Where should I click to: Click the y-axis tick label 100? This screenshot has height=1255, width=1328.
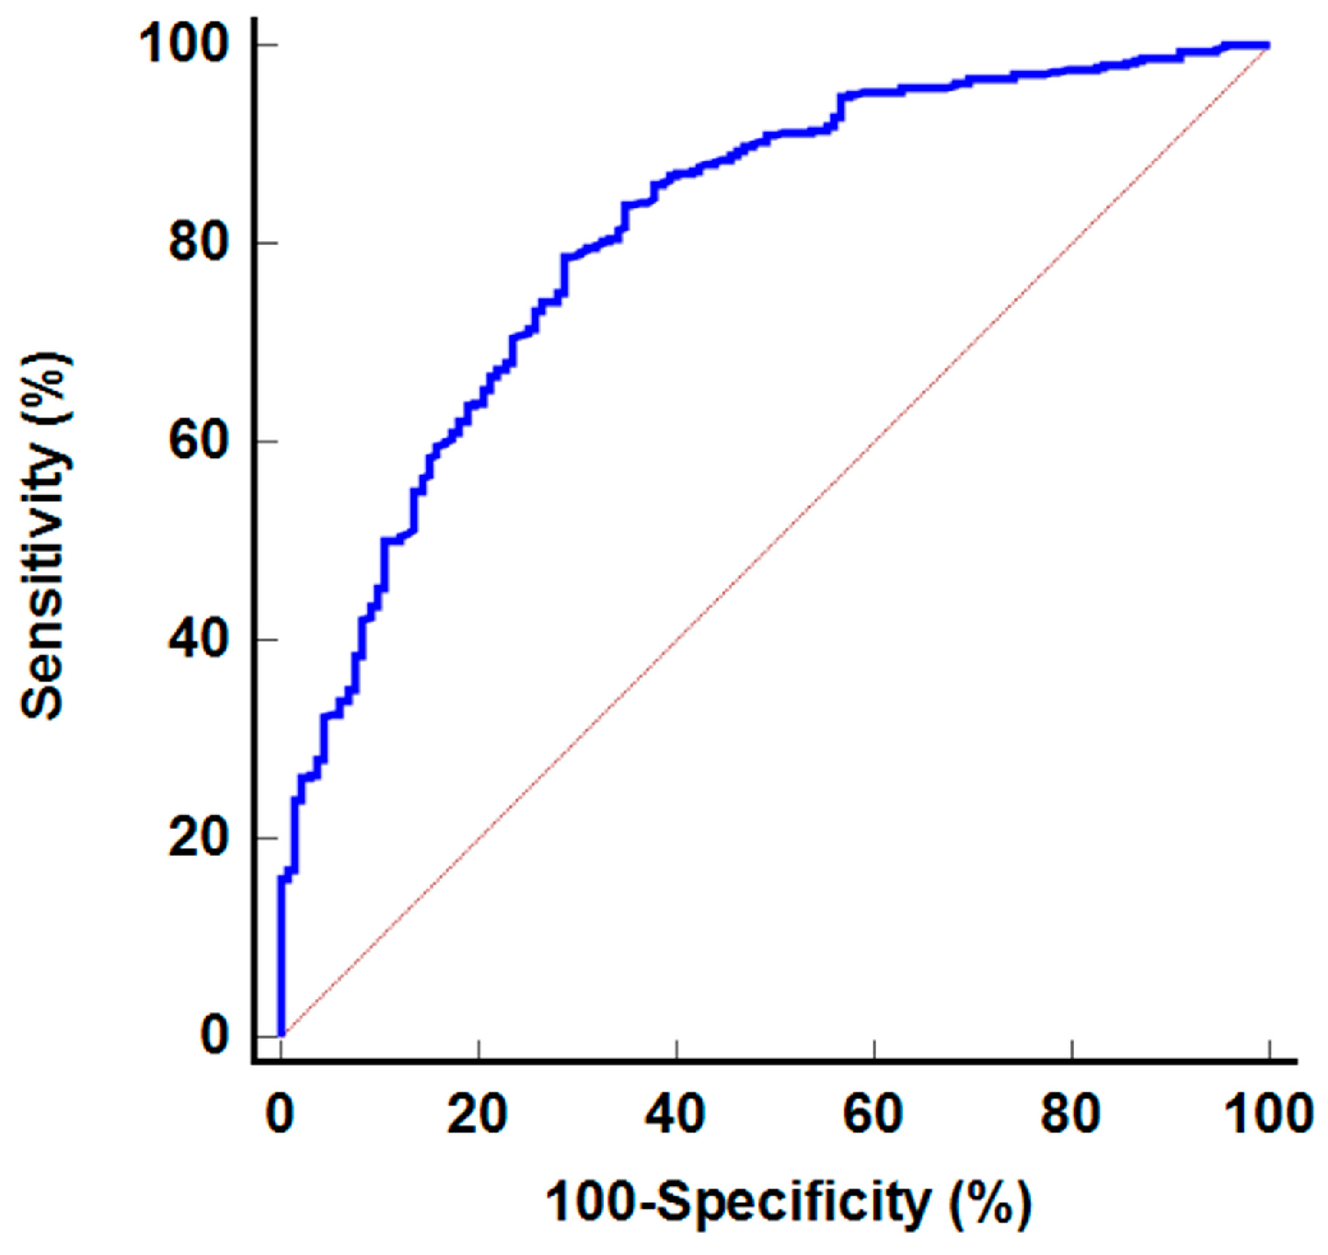pyautogui.click(x=183, y=43)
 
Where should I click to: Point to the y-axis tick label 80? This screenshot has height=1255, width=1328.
pyautogui.click(x=198, y=243)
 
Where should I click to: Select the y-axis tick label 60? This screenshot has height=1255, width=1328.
pyautogui.click(x=198, y=441)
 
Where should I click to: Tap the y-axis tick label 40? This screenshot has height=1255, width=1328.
pyautogui.click(x=198, y=639)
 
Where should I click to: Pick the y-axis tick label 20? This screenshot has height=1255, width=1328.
pyautogui.click(x=198, y=837)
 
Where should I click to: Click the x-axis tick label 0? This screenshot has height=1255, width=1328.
pyautogui.click(x=280, y=1114)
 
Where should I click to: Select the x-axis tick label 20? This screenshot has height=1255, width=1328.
pyautogui.click(x=478, y=1114)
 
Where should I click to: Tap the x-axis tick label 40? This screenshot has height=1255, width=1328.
pyautogui.click(x=676, y=1114)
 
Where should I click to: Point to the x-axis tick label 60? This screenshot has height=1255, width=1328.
pyautogui.click(x=873, y=1114)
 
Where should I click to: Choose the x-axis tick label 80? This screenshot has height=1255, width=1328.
pyautogui.click(x=1071, y=1114)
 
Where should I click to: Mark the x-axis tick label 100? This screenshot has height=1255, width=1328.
pyautogui.click(x=1268, y=1114)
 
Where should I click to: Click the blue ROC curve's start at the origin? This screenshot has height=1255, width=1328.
pyautogui.click(x=282, y=1034)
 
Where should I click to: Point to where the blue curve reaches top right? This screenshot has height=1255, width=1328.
pyautogui.click(x=1266, y=45)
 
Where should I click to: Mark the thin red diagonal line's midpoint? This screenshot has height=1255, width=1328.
pyautogui.click(x=775, y=540)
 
